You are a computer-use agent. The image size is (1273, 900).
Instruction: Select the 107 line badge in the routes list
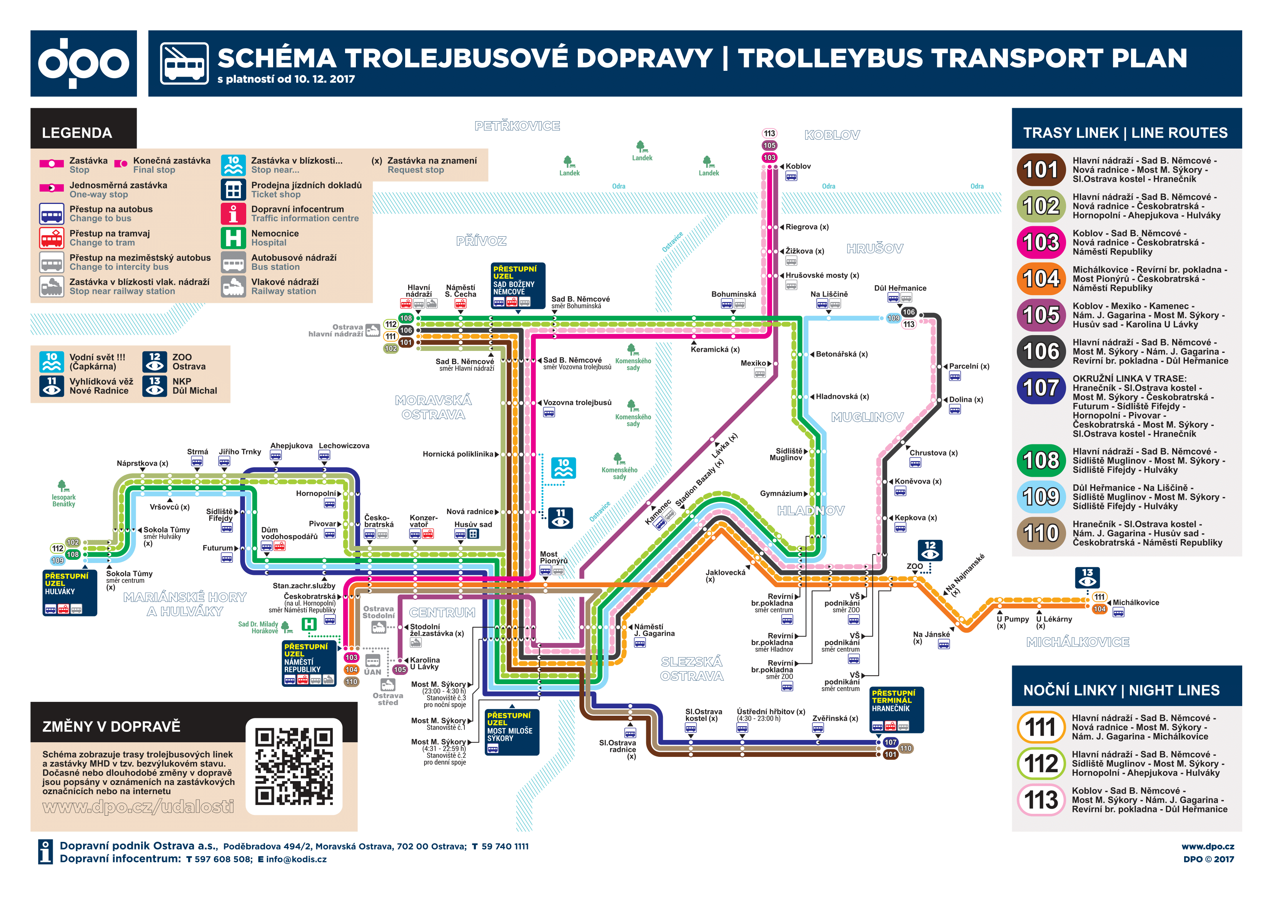click(x=1041, y=387)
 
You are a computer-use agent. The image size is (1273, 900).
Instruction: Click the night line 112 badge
click(x=1041, y=763)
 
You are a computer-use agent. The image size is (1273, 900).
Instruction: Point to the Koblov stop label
click(x=798, y=166)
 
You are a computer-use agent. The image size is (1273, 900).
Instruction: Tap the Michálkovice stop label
click(x=1136, y=603)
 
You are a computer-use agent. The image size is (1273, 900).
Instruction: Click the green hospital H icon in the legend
click(x=233, y=238)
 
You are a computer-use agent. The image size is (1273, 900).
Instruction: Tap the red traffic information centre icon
click(x=233, y=214)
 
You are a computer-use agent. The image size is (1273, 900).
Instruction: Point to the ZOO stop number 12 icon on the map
click(x=930, y=550)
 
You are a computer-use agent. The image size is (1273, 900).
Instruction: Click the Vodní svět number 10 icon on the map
click(x=563, y=468)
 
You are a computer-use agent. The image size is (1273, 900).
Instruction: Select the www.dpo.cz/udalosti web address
click(x=138, y=807)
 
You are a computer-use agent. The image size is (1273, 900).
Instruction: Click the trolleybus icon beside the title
click(x=184, y=63)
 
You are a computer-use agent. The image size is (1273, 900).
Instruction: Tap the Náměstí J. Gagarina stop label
click(x=654, y=630)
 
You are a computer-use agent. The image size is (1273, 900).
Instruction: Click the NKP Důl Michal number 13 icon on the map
click(x=1087, y=577)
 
